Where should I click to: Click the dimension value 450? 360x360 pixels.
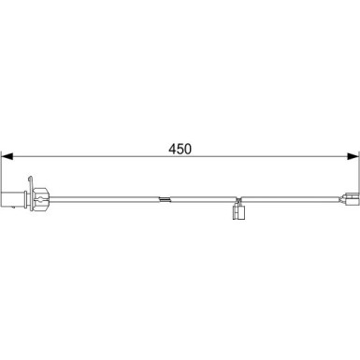coord(180,150)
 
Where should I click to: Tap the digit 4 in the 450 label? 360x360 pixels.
coord(173,150)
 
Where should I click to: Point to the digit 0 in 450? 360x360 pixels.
coord(188,150)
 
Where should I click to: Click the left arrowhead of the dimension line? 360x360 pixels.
coord(7,156)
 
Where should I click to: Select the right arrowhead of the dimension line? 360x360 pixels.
coord(353,156)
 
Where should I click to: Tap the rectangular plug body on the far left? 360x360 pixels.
coord(13,199)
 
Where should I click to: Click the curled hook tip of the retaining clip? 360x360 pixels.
coord(30,179)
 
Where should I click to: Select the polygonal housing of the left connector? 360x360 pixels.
coord(40,199)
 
